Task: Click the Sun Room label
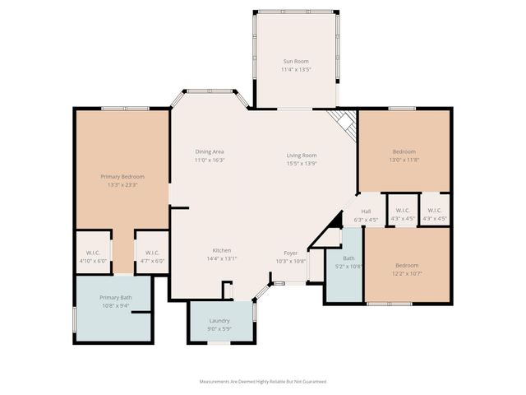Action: click(295, 62)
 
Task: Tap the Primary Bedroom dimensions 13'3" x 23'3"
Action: click(122, 185)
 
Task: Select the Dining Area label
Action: click(210, 151)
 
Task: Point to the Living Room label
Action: click(302, 156)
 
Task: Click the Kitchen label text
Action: click(221, 250)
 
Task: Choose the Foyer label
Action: click(291, 253)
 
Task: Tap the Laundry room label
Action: click(219, 321)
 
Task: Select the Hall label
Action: click(367, 211)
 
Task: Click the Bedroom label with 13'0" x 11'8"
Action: click(404, 151)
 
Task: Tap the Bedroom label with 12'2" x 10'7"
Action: click(407, 265)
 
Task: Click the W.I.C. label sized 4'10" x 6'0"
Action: click(93, 253)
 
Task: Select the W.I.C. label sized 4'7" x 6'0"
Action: click(151, 253)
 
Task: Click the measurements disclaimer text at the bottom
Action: click(263, 382)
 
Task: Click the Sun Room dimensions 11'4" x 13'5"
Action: click(295, 70)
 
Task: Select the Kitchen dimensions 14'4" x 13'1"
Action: click(221, 258)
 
